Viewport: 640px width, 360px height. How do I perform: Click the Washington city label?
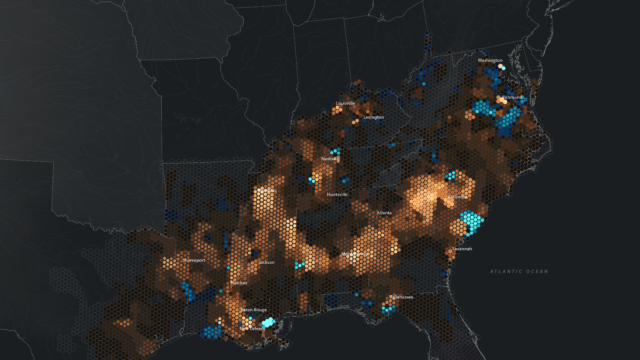(x=491, y=61)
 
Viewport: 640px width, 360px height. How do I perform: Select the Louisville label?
(x=346, y=103)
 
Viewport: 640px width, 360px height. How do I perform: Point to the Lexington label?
(x=373, y=118)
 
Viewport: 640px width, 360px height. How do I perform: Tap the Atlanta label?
(x=384, y=213)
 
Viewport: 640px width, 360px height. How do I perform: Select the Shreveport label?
(x=194, y=260)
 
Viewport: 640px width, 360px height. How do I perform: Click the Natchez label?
(x=239, y=284)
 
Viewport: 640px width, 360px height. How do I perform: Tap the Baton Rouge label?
(x=255, y=311)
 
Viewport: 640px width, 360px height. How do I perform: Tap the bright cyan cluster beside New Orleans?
(x=269, y=323)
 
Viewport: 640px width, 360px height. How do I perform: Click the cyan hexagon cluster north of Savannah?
(x=466, y=223)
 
